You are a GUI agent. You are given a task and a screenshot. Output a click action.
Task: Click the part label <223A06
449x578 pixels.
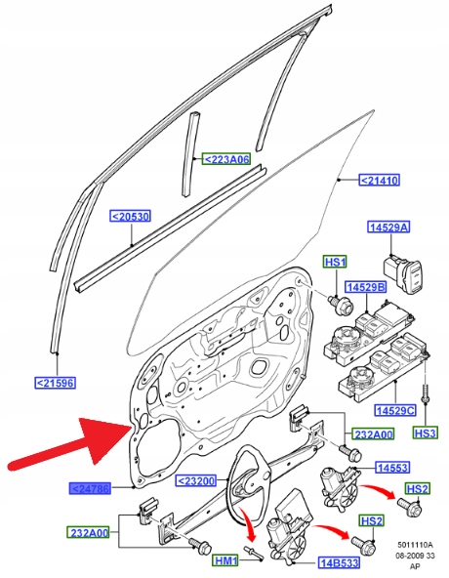click(x=226, y=159)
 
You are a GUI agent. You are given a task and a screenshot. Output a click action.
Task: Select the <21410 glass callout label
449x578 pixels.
click(x=380, y=181)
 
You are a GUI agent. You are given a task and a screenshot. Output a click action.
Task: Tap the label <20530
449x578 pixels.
click(x=130, y=217)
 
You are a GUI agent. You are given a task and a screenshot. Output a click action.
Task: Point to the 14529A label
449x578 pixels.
click(x=388, y=227)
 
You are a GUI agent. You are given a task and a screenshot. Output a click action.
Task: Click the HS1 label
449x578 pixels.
click(x=336, y=262)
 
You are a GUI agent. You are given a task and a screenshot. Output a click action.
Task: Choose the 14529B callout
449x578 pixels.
click(x=366, y=287)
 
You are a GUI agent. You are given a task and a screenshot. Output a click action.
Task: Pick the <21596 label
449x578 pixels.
click(x=56, y=383)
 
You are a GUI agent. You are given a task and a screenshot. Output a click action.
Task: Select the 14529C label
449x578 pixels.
click(x=395, y=410)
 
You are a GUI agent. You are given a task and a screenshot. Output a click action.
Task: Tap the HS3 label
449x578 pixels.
click(x=426, y=433)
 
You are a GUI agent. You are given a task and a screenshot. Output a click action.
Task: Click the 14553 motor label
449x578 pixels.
click(x=392, y=468)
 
